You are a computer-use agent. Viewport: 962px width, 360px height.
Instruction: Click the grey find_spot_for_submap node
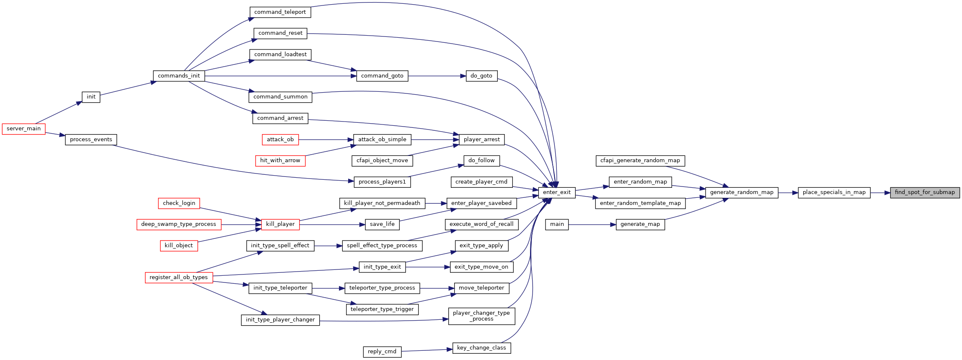pyautogui.click(x=925, y=192)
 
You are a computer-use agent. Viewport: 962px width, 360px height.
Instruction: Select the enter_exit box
pyautogui.click(x=557, y=192)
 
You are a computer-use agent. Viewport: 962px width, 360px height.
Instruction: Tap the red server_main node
pyautogui.click(x=23, y=129)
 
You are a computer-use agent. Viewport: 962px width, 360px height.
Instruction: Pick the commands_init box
pyautogui.click(x=179, y=76)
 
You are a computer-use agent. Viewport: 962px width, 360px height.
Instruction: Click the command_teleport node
pyautogui.click(x=280, y=12)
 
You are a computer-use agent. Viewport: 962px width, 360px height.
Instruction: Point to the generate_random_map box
pyautogui.click(x=742, y=192)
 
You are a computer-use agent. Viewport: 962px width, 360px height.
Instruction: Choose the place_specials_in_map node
pyautogui.click(x=834, y=192)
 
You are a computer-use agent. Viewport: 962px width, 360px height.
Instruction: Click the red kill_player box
pyautogui.click(x=280, y=224)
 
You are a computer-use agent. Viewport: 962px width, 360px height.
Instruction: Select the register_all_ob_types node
pyautogui.click(x=179, y=277)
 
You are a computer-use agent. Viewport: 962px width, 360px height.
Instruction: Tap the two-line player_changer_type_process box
pyautogui.click(x=481, y=316)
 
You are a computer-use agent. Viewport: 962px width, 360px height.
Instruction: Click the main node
pyautogui.click(x=557, y=224)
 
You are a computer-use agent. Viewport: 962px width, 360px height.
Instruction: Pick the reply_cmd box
pyautogui.click(x=382, y=352)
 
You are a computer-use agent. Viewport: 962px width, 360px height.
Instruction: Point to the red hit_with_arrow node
pyautogui.click(x=280, y=161)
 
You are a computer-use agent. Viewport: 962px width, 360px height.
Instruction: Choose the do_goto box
pyautogui.click(x=481, y=76)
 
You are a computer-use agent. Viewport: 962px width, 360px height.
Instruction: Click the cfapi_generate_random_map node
pyautogui.click(x=640, y=161)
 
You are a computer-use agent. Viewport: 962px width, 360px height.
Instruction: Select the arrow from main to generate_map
pyautogui.click(x=592, y=225)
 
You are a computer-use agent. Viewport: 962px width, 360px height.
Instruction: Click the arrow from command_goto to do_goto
pyautogui.click(x=437, y=76)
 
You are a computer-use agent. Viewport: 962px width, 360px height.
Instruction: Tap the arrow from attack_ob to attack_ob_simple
pyautogui.click(x=326, y=140)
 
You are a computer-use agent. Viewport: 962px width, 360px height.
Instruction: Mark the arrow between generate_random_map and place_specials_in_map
pyautogui.click(x=788, y=193)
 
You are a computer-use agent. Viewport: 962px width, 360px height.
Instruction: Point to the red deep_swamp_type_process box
pyautogui.click(x=179, y=224)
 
